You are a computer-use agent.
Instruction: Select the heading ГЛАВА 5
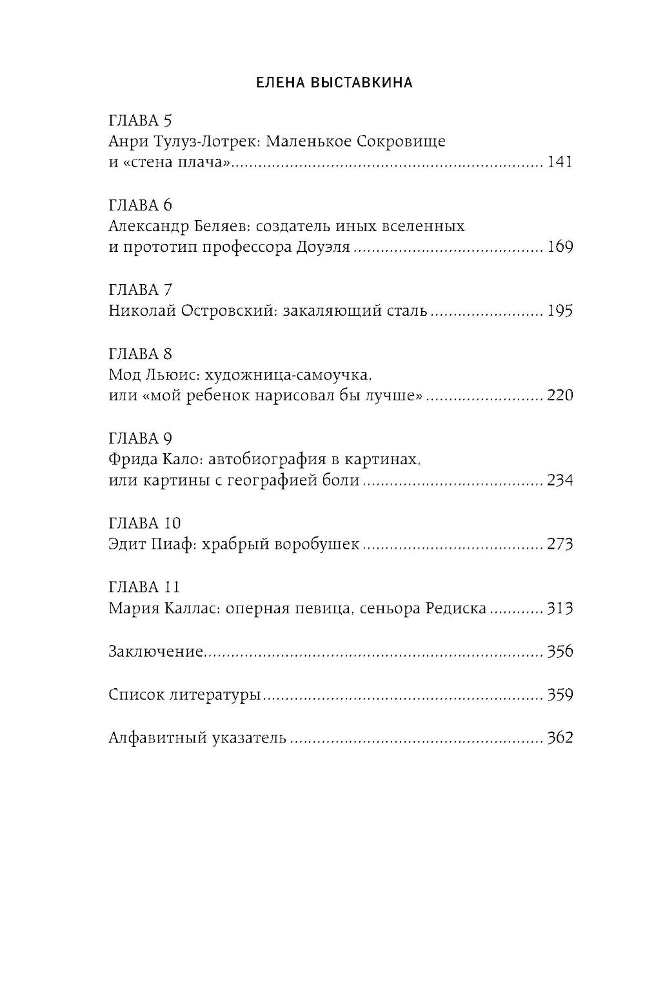141,120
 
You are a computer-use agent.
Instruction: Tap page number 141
559,162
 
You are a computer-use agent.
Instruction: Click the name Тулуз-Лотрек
207,141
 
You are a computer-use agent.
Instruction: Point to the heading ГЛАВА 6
141,205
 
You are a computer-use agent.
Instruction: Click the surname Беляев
217,227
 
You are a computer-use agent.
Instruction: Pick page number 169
559,247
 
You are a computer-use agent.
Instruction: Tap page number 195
559,311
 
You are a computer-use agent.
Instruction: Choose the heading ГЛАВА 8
141,354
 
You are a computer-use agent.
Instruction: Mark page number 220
559,395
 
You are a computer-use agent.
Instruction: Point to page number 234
559,480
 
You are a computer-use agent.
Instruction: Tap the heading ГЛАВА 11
144,587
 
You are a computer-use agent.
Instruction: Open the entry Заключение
156,651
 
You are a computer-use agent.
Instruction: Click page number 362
559,737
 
